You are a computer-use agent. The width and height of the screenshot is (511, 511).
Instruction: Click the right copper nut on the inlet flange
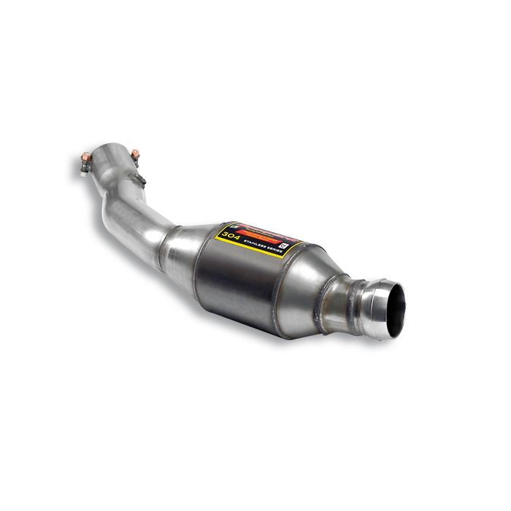(x=134, y=153)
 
